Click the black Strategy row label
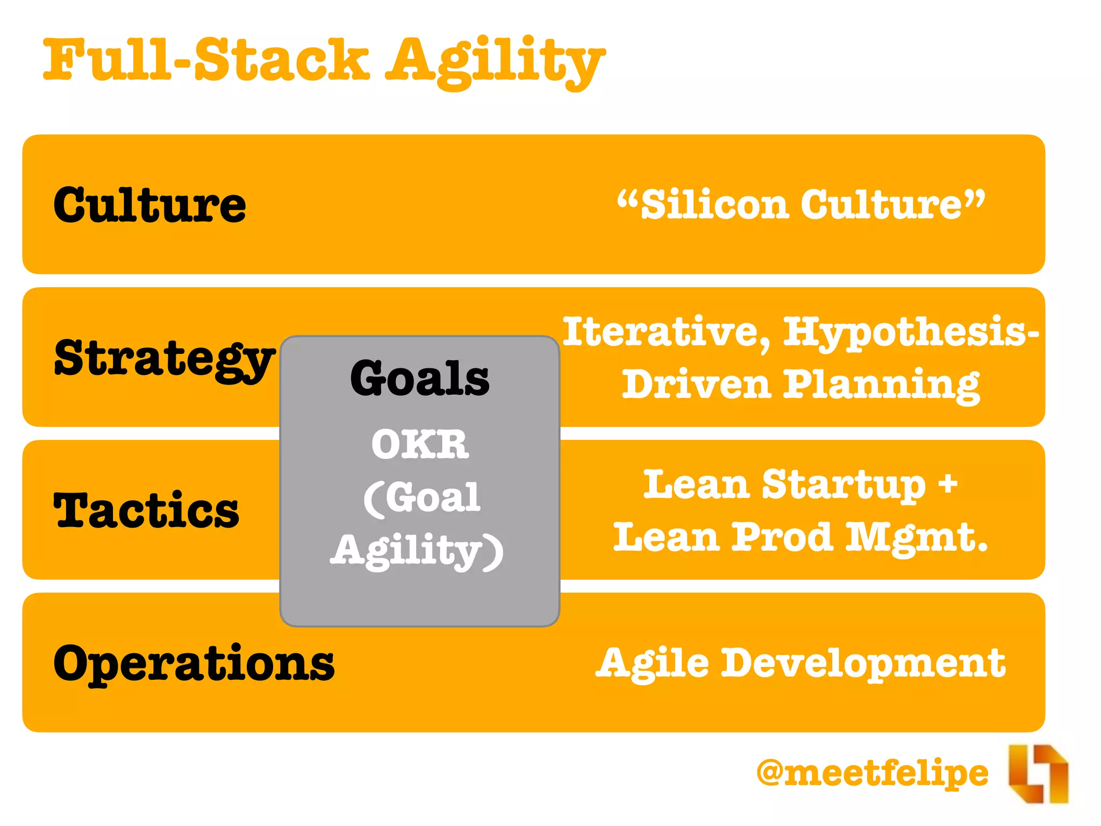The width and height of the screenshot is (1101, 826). [x=164, y=359]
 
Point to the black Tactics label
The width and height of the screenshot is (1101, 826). [x=146, y=510]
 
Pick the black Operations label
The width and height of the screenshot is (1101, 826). [x=194, y=664]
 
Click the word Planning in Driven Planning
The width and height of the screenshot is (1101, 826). [x=881, y=386]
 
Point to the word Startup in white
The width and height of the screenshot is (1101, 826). [x=844, y=485]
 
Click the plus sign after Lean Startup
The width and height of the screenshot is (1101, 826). [x=948, y=482]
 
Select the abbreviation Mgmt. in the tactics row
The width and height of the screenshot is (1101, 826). [x=917, y=538]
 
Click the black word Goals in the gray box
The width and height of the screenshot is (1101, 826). [x=419, y=379]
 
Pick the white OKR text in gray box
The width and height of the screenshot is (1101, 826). [x=420, y=445]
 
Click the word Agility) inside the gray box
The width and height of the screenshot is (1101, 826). [x=417, y=551]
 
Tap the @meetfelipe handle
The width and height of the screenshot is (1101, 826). [x=872, y=773]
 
